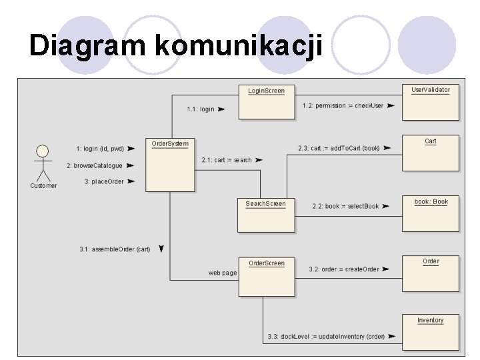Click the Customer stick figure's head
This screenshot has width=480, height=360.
click(43, 151)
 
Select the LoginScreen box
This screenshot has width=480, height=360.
click(266, 102)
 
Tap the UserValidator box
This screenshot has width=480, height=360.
click(430, 101)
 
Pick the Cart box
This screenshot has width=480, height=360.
click(430, 153)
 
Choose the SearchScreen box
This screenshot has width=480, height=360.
click(265, 215)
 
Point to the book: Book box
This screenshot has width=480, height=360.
click(431, 213)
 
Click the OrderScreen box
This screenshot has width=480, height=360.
click(266, 276)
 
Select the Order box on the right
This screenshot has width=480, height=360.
click(431, 273)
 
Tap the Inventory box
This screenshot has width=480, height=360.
click(431, 331)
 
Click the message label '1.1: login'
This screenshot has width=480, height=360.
click(201, 109)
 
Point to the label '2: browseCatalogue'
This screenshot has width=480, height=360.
click(94, 165)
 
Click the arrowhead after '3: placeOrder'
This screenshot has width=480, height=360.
click(131, 181)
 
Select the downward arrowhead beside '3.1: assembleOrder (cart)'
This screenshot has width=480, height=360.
click(161, 249)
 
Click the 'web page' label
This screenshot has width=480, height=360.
click(223, 273)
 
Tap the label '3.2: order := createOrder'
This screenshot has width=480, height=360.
click(343, 269)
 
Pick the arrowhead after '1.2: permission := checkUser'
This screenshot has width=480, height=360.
click(391, 105)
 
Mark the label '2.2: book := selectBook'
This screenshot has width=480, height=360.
click(345, 206)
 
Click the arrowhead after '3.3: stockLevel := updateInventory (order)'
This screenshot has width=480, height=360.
click(392, 337)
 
